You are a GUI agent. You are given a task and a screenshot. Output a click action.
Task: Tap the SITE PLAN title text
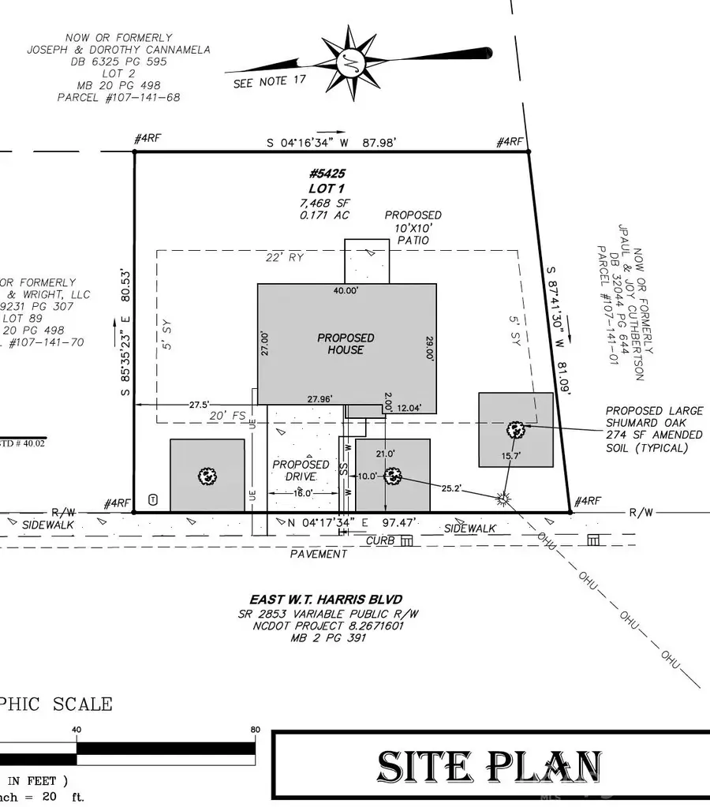(490, 767)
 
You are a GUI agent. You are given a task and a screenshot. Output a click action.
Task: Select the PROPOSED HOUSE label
(346, 343)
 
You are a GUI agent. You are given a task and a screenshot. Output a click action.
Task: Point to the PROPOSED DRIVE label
(301, 471)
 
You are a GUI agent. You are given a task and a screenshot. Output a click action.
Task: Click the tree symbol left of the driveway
(207, 476)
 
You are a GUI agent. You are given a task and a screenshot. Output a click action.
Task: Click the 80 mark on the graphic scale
(255, 730)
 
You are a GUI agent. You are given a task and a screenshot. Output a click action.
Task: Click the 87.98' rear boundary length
(374, 142)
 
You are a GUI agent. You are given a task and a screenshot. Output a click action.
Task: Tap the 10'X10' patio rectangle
(367, 261)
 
